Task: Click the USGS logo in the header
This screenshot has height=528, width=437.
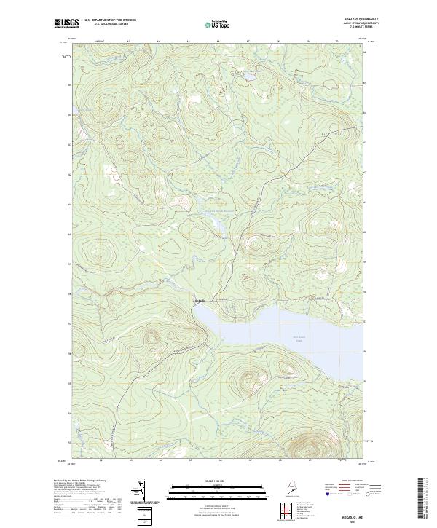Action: click(x=67, y=23)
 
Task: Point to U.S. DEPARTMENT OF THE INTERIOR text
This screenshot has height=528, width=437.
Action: click(x=110, y=20)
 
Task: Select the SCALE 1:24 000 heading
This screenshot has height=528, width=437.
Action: click(x=217, y=482)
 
